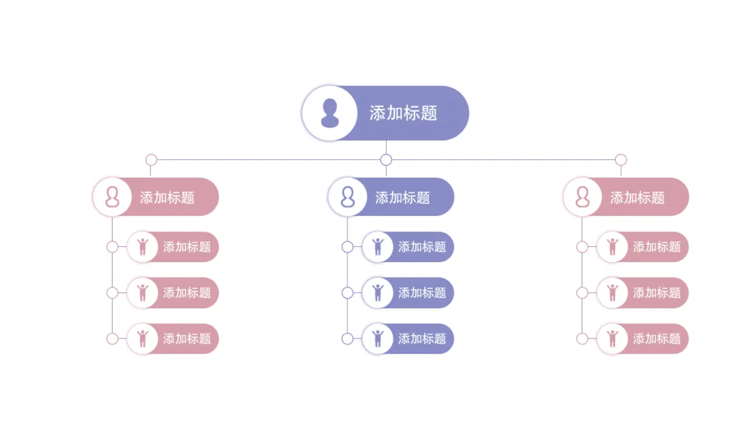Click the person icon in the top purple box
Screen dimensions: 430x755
click(329, 113)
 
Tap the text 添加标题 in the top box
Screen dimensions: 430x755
click(403, 113)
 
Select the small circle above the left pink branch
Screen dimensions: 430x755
click(151, 160)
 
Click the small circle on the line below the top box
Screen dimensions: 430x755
click(386, 160)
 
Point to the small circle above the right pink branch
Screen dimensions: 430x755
click(621, 160)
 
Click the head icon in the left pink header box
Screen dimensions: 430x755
click(112, 197)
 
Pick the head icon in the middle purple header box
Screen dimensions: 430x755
click(347, 197)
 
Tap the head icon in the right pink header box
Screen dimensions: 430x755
click(582, 197)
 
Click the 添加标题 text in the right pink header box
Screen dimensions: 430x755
click(638, 198)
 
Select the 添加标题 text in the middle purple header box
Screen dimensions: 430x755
click(403, 198)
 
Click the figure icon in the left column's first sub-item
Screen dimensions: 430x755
click(143, 247)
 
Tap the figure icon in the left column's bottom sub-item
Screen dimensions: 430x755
click(143, 338)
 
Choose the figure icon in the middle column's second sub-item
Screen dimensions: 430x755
click(378, 292)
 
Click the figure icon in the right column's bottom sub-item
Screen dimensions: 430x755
click(613, 338)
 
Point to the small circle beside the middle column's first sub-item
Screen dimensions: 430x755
click(347, 247)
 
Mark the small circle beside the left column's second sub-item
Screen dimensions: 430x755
click(113, 293)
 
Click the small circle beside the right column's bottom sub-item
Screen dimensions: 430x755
click(582, 339)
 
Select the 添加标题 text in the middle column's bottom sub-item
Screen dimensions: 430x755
click(422, 339)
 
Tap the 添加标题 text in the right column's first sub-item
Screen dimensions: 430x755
click(657, 247)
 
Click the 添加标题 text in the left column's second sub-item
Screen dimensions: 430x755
click(187, 293)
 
